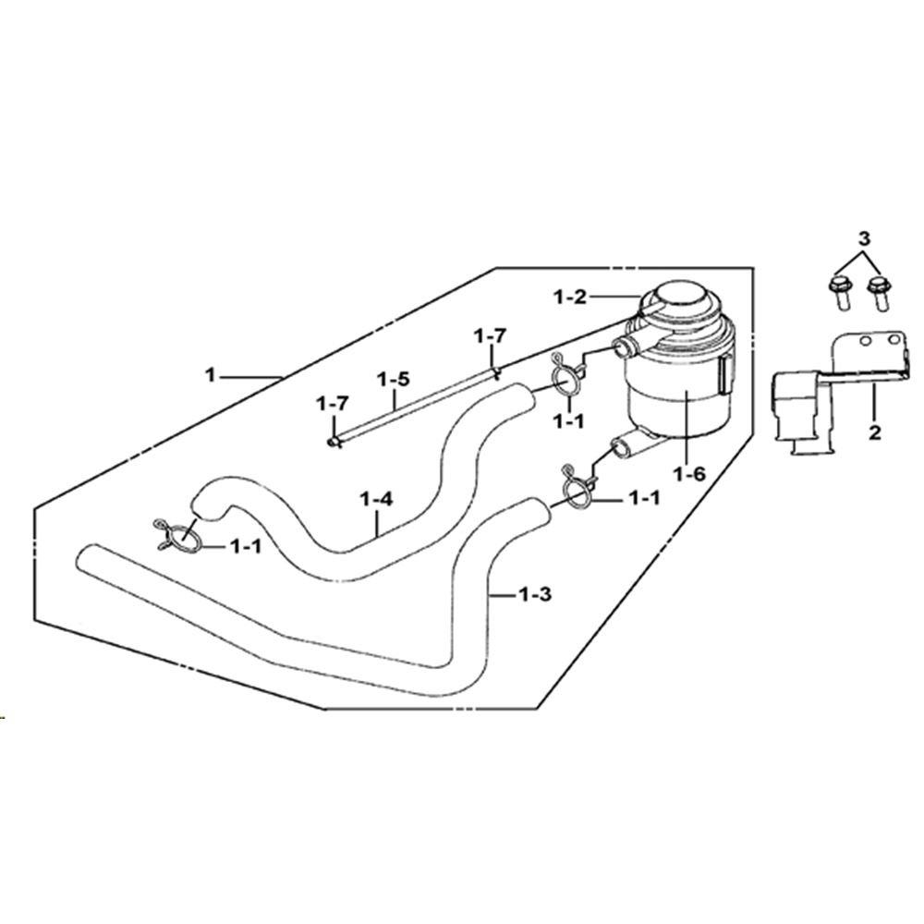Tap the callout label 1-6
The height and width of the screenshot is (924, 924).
[690, 474]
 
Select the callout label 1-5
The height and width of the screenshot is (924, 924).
[393, 379]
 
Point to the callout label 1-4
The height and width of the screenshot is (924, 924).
[376, 500]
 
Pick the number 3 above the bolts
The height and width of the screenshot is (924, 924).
[863, 239]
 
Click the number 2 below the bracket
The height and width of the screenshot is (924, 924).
[874, 432]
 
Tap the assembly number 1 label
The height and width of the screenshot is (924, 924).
[211, 374]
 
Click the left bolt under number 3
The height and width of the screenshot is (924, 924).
[839, 294]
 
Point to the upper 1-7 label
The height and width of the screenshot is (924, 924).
[491, 336]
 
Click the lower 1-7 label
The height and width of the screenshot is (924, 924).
[333, 405]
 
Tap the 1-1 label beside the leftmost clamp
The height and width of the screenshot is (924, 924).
[245, 547]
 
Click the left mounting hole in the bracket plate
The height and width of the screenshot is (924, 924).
[865, 341]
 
